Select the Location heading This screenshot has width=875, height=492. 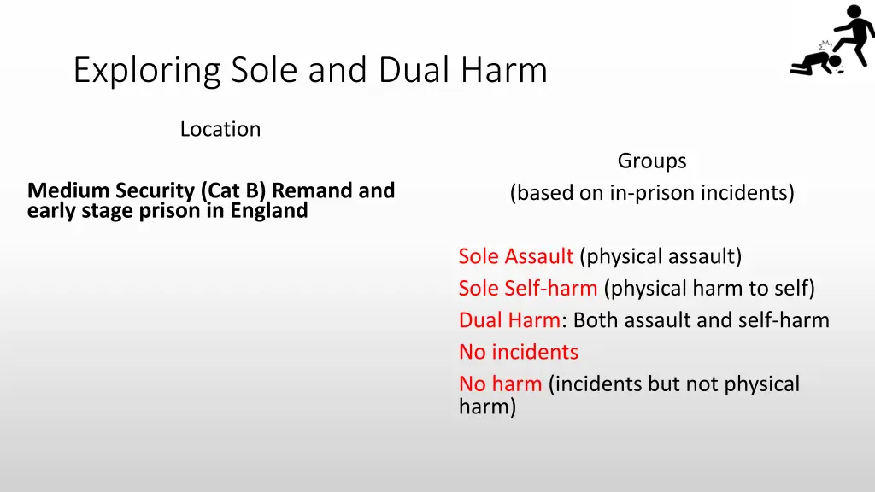[220, 129]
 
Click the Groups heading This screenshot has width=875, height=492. [652, 161]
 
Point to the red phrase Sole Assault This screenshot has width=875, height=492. [515, 256]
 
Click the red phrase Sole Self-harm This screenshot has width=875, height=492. [527, 288]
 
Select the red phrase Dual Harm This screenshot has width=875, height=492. [509, 320]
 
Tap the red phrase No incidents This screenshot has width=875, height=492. [518, 352]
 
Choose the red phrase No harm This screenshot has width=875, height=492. [500, 384]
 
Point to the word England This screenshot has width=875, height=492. [268, 210]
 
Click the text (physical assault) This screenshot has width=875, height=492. [661, 256]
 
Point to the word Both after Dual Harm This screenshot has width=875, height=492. [596, 320]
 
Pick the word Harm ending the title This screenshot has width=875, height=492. [510, 70]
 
